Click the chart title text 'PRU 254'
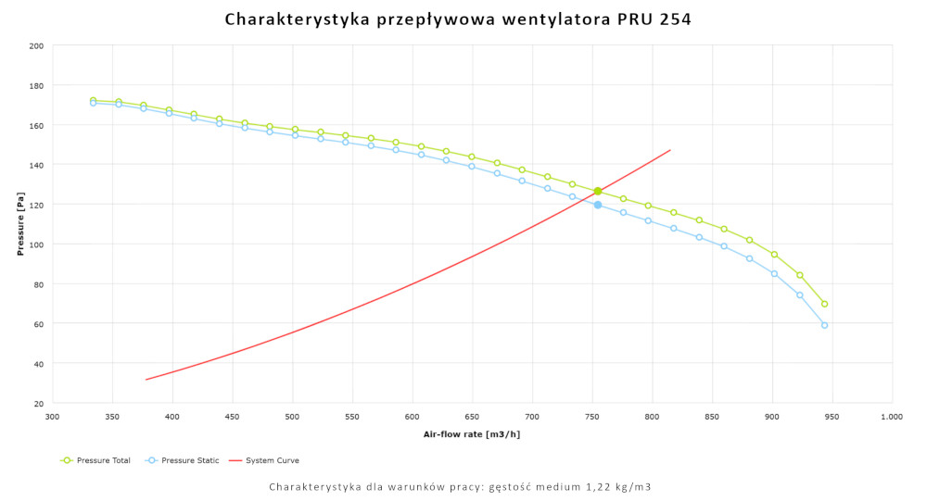[654, 19]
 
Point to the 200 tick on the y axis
[36, 45]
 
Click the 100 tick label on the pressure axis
[36, 244]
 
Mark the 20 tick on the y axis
[38, 404]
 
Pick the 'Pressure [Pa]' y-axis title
[20, 225]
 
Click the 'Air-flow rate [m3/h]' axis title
[472, 433]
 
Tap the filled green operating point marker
[598, 192]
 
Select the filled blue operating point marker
[598, 205]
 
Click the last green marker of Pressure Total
[824, 304]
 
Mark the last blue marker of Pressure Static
[824, 325]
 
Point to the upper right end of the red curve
[670, 150]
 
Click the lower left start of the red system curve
[146, 379]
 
